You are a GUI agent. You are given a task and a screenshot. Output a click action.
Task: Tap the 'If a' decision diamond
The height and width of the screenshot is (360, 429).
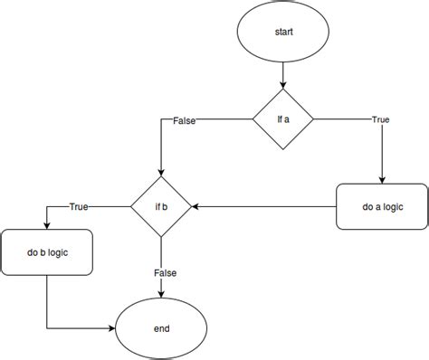pos(282,119)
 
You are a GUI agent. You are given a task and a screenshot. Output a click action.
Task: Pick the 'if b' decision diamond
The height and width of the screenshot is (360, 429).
pos(161,207)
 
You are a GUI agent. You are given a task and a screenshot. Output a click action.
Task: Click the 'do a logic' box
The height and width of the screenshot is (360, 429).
pos(382,207)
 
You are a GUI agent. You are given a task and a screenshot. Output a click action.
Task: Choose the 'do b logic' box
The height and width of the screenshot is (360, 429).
pos(47,255)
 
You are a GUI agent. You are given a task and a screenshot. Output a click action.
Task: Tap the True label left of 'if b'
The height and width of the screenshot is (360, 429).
pos(78,207)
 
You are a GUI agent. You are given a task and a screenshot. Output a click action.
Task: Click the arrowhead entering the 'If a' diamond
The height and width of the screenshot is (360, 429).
pos(282,84)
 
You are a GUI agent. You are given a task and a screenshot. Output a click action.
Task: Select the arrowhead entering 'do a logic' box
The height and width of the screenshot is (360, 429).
pos(382,179)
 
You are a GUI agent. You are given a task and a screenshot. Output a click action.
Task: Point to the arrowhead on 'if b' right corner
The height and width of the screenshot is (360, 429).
pos(196,207)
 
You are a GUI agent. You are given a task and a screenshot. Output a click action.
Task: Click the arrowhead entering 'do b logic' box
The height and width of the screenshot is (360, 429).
pos(47,225)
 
